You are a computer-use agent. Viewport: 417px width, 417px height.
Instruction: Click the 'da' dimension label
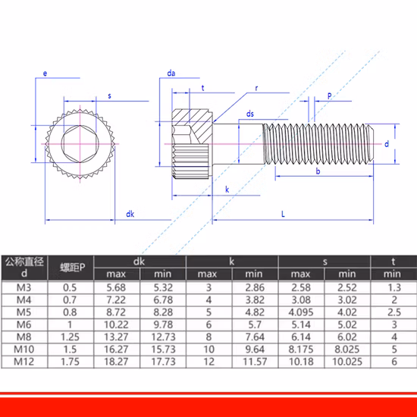point(171,73)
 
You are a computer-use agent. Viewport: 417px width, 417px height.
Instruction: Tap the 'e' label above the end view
point(45,74)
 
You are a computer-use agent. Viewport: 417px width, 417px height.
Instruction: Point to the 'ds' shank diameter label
point(250,114)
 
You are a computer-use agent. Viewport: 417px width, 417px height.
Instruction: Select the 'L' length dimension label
point(283,214)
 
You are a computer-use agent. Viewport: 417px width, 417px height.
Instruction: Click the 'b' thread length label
point(318,171)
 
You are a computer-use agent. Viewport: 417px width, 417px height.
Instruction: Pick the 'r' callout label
point(256,88)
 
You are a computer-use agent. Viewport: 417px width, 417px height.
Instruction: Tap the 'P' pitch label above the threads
point(329,96)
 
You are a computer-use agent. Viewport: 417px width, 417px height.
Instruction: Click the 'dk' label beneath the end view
point(130,214)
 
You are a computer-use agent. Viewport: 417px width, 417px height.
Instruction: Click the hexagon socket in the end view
point(80,144)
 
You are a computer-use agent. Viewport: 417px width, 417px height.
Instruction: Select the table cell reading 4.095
point(301,312)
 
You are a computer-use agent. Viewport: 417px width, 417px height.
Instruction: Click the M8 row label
point(24,337)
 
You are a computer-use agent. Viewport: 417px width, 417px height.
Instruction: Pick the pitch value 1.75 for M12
point(70,362)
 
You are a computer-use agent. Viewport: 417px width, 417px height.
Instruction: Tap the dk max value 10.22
point(116,325)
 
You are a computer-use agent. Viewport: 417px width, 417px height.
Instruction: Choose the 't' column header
point(393,262)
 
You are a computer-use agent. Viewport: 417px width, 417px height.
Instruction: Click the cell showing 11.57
point(255,362)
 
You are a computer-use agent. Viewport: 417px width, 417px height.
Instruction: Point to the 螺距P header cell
point(72,268)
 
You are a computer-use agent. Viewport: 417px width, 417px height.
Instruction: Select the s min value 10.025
point(347,362)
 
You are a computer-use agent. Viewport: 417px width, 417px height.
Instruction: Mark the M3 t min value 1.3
point(394,287)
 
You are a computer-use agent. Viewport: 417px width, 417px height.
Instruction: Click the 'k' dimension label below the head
point(227,190)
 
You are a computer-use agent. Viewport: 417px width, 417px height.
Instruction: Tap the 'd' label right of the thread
point(387,144)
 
